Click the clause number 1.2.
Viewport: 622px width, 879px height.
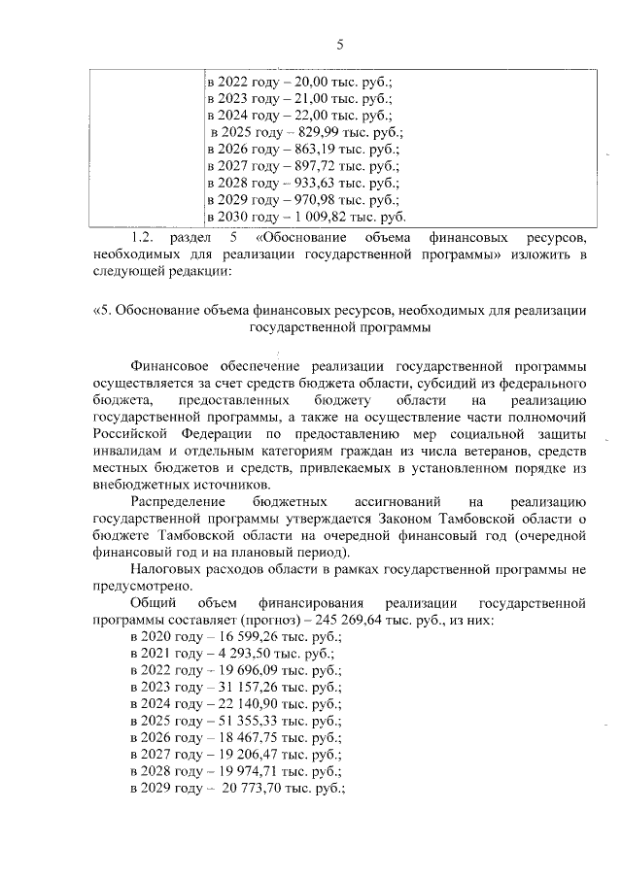click(x=142, y=238)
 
